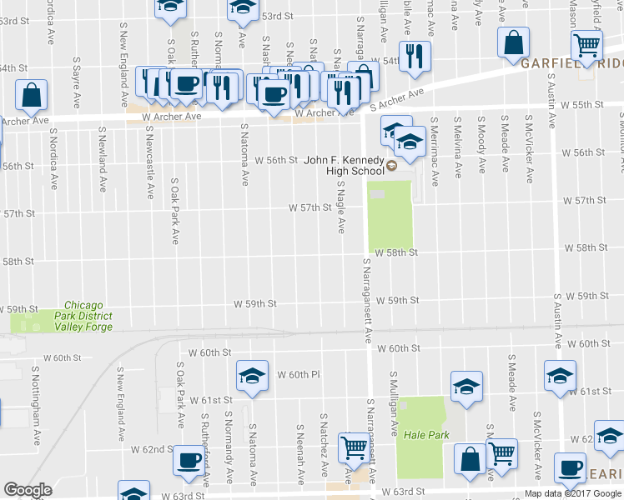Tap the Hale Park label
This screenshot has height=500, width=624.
point(420,435)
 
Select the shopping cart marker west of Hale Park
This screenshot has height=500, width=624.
point(354,447)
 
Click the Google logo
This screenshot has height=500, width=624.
point(28,491)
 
